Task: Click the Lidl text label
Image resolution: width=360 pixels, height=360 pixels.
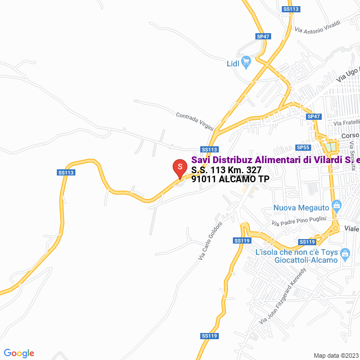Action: point(233,64)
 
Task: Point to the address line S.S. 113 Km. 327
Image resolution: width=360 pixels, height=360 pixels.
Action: point(226,169)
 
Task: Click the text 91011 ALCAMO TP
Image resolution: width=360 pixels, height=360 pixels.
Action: point(230,179)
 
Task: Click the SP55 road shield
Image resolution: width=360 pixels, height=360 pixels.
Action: point(303,147)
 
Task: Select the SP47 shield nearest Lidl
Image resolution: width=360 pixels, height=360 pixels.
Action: point(263,36)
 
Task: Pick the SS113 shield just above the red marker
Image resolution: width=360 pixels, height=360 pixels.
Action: point(209,149)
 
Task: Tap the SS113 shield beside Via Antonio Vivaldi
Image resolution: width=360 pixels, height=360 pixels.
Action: point(291,9)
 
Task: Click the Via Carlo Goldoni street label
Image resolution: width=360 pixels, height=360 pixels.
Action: point(210,240)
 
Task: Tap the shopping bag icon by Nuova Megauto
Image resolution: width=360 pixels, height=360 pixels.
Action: point(337,205)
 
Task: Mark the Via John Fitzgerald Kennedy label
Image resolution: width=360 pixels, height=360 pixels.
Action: point(282,296)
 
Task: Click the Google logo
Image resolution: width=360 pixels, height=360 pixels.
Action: point(19,353)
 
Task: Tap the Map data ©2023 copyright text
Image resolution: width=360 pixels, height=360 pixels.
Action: point(335,355)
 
